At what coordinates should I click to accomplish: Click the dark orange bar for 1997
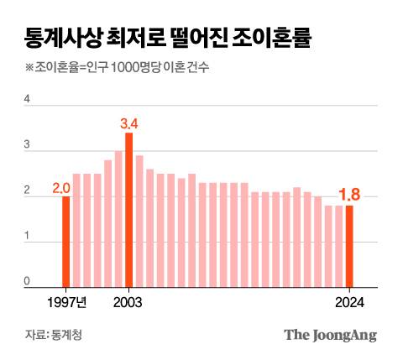click(x=66, y=242)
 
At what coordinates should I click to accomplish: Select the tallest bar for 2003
click(x=129, y=210)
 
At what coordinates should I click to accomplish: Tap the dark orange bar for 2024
click(x=349, y=247)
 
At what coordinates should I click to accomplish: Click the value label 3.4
click(x=129, y=123)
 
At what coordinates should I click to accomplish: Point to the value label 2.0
click(x=60, y=187)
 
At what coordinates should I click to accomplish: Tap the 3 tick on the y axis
click(x=28, y=146)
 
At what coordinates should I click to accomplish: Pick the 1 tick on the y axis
click(x=28, y=239)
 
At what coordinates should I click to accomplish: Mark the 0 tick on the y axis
click(x=28, y=282)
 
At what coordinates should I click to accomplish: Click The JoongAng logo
click(x=329, y=335)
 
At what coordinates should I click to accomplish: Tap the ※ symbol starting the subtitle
click(x=30, y=68)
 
